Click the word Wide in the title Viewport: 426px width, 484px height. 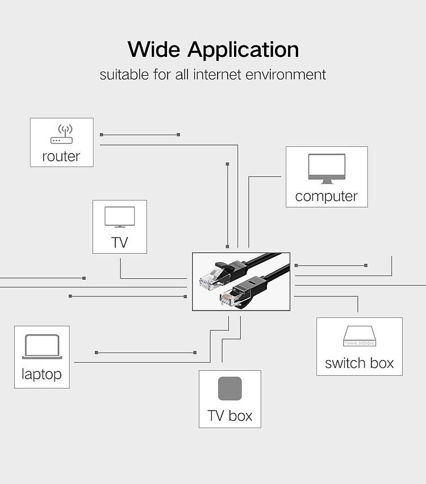click(154, 49)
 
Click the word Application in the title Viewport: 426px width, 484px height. click(243, 51)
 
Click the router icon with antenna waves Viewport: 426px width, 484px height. click(62, 134)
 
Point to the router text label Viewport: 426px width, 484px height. click(61, 156)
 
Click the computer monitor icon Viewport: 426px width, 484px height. click(327, 169)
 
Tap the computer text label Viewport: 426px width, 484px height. click(327, 196)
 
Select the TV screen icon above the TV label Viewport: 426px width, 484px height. click(120, 217)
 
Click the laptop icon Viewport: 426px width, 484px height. click(42, 346)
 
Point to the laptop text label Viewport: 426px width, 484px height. click(41, 374)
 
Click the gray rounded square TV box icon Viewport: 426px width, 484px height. click(230, 388)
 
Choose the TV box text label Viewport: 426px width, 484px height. click(230, 416)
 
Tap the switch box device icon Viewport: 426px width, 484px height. click(360, 336)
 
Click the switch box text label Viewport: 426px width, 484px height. click(360, 363)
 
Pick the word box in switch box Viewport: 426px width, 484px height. click(382, 363)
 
